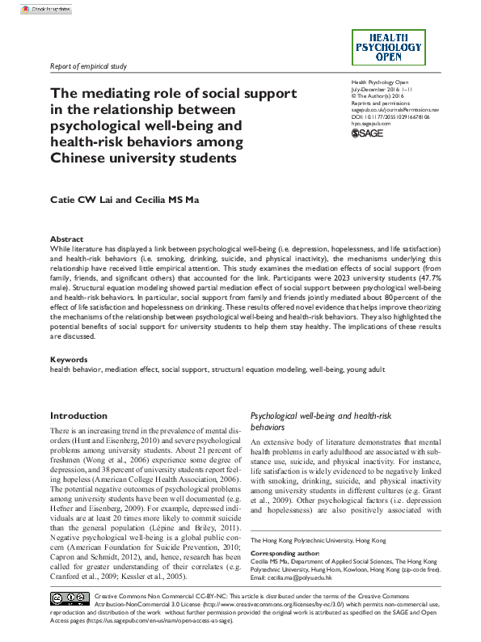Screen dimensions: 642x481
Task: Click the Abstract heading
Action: click(66, 240)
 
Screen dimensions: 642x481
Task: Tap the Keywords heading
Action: click(69, 359)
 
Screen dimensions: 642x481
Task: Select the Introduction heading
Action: click(78, 416)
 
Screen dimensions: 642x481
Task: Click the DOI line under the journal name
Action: click(390, 116)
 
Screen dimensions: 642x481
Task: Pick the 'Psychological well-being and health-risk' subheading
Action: click(322, 416)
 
